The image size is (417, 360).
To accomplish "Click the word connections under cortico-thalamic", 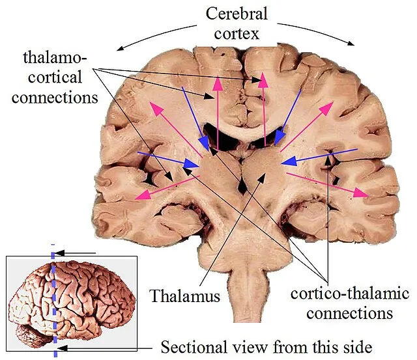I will tap(349, 312).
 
